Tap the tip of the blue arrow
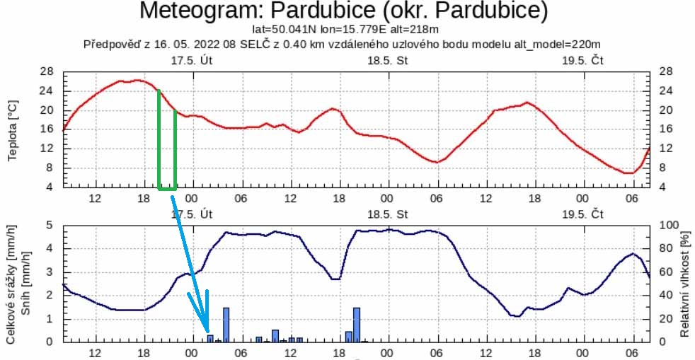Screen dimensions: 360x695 (x=207, y=331)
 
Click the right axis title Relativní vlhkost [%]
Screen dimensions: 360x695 (x=684, y=283)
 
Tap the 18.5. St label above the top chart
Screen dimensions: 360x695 (x=388, y=60)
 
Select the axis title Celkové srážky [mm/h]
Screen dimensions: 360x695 (x=12, y=283)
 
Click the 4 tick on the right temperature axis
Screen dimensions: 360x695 (x=662, y=187)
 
